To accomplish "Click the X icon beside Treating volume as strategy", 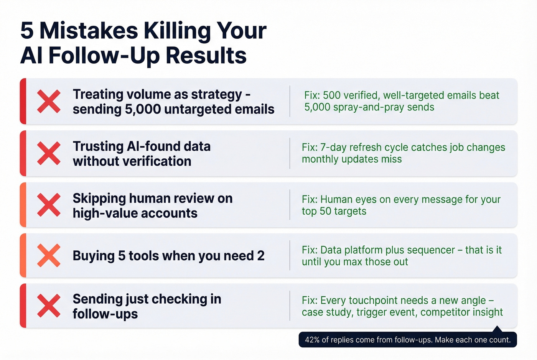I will [x=49, y=101].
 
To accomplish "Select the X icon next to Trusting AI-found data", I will [x=49, y=153].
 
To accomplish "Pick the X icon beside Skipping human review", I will [x=49, y=205].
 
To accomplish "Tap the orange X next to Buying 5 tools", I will [x=49, y=255].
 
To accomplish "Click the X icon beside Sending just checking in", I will [x=49, y=306].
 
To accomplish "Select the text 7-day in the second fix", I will [x=334, y=148].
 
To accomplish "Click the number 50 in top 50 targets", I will [x=325, y=211].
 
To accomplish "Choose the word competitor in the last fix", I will [x=445, y=312].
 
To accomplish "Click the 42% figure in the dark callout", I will [x=312, y=340].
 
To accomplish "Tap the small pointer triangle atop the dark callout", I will [x=497, y=329].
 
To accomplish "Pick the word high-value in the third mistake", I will [x=101, y=213].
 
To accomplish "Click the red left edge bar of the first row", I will [x=23, y=101].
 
